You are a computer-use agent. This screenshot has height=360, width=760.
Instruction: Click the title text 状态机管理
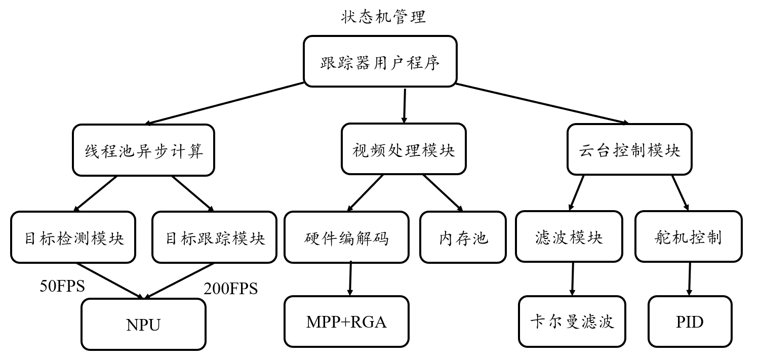[383, 17]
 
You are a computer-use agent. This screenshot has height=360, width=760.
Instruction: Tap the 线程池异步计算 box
[143, 150]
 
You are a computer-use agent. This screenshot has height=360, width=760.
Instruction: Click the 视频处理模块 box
[404, 150]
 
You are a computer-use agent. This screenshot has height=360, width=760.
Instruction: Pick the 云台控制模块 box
[629, 150]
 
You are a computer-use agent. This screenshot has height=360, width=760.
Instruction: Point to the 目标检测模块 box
[74, 237]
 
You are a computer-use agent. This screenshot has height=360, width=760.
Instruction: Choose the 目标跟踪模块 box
[215, 237]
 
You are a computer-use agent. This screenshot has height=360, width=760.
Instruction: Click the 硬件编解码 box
[346, 237]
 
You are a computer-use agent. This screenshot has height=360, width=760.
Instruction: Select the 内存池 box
[463, 237]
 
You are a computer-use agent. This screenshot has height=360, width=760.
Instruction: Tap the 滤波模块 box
[569, 237]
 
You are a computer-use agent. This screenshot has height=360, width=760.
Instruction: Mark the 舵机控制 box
[688, 237]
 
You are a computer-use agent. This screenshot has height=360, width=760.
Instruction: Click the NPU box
[143, 325]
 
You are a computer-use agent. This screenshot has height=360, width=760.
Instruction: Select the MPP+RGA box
[346, 322]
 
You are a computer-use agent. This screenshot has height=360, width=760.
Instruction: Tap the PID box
[690, 322]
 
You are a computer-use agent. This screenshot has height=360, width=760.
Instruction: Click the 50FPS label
[62, 286]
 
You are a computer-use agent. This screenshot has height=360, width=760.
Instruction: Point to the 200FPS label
[230, 289]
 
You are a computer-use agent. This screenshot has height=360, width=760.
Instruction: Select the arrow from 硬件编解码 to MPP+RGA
[350, 279]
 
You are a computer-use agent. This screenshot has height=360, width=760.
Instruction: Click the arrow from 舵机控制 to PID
[689, 279]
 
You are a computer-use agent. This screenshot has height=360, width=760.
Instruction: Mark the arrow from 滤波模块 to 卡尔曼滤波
[572, 279]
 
